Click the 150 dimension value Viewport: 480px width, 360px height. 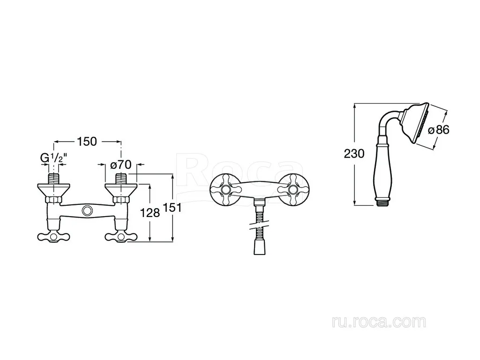pyautogui.click(x=87, y=142)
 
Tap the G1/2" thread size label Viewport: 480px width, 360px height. pyautogui.click(x=54, y=158)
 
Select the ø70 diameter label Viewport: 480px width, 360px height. pyautogui.click(x=120, y=165)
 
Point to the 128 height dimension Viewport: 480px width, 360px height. pyautogui.click(x=150, y=212)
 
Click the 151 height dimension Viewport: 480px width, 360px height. pyautogui.click(x=172, y=208)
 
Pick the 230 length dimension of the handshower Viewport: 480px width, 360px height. pyautogui.click(x=354, y=153)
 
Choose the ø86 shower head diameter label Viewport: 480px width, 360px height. pyautogui.click(x=438, y=130)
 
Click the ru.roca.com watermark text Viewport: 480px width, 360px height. pyautogui.click(x=379, y=322)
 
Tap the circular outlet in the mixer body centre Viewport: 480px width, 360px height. pyautogui.click(x=87, y=210)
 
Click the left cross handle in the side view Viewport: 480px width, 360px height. pyautogui.click(x=53, y=237)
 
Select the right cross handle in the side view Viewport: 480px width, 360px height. pyautogui.click(x=121, y=237)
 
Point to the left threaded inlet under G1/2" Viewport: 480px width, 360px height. pyautogui.click(x=54, y=179)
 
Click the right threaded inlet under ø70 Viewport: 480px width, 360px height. pyautogui.click(x=121, y=179)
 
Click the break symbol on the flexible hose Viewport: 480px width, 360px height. pyautogui.click(x=260, y=226)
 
